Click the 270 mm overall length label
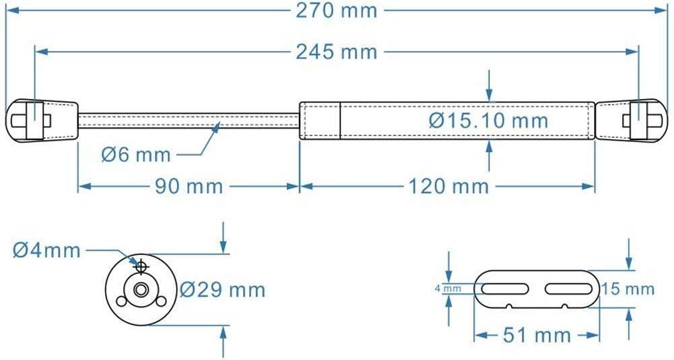coord(337,11)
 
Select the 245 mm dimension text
coord(337,51)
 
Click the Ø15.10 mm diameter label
coord(488,121)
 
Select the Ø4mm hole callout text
coord(46,250)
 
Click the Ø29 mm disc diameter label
coord(223,290)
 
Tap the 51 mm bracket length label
coord(536,334)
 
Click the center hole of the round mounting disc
coord(141,290)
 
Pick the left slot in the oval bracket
coord(504,289)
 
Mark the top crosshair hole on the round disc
coord(141,267)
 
